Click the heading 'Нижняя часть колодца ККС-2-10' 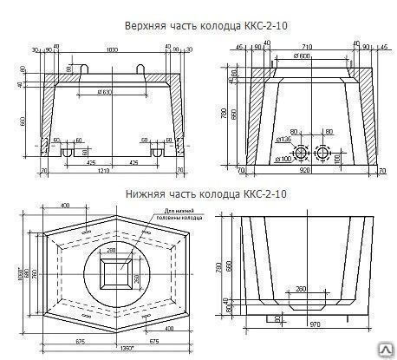(198, 195)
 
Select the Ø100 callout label (282, 160)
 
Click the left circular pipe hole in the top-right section (302, 154)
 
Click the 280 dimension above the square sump (111, 251)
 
